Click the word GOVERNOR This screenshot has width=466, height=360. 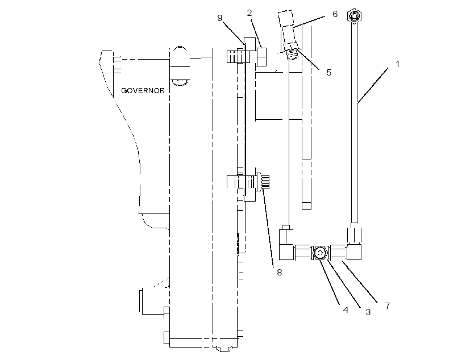tap(143, 91)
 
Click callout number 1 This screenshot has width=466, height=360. tap(398, 64)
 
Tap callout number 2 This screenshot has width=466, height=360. tap(249, 13)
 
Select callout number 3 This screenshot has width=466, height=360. tap(368, 312)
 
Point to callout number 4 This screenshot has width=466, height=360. tap(346, 310)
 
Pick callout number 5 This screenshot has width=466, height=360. tap(328, 73)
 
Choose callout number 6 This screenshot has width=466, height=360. tap(335, 14)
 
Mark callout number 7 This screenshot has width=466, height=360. tap(387, 305)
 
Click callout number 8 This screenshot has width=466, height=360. tap(280, 273)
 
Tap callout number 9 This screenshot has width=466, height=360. tap(219, 18)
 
